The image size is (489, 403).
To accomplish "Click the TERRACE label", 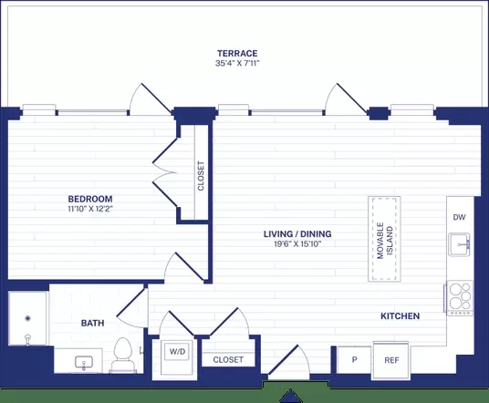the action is (x=237, y=53).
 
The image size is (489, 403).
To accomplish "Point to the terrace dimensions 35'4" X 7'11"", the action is (x=237, y=63).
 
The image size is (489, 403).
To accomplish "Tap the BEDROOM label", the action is (x=90, y=199).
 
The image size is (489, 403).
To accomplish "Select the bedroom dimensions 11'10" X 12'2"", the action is (x=90, y=209).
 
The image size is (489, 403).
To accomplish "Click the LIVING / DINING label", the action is (x=297, y=233).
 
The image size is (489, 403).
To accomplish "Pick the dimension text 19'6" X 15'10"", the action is (x=297, y=243).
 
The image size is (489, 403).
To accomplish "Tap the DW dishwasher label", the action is (x=459, y=217).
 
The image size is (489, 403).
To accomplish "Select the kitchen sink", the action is (x=459, y=244).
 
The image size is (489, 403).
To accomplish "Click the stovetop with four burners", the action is (x=459, y=297).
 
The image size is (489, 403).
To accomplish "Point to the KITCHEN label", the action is (x=401, y=316).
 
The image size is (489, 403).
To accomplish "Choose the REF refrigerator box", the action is (x=391, y=361).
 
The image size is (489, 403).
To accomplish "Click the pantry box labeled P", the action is (x=354, y=359).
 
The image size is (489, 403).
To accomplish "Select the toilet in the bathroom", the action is (x=122, y=355).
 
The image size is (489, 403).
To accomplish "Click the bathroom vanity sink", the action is (x=84, y=362).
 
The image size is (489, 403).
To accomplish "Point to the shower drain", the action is (x=28, y=318).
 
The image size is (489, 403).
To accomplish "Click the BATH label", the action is (x=93, y=323).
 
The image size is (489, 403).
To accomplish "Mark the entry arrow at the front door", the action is (x=291, y=396).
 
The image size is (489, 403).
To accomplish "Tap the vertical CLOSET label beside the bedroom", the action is (x=201, y=176).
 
